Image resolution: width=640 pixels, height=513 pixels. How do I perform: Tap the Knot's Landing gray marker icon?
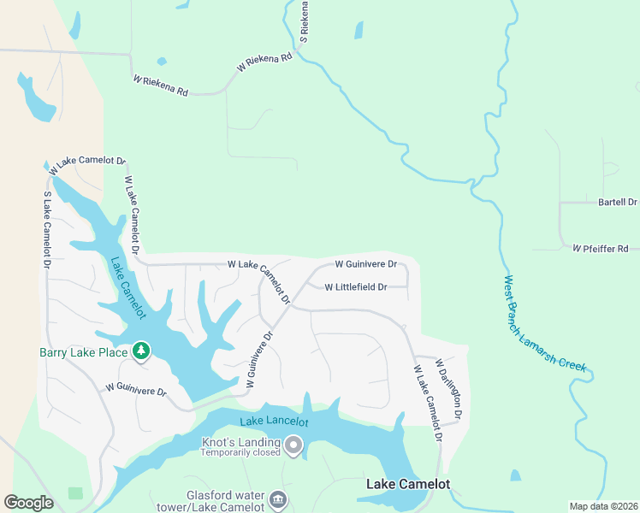pos(294,445)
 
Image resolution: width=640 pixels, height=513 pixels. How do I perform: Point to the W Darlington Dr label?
pos(450,390)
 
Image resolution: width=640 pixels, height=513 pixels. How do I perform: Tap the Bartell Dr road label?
pos(617,203)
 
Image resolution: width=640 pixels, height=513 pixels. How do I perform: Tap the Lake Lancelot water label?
pos(274,422)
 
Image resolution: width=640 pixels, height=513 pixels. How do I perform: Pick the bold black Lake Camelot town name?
pos(408,485)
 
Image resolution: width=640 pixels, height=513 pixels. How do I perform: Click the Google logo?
pos(28,503)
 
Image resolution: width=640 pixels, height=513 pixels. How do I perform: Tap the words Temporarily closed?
pos(240,453)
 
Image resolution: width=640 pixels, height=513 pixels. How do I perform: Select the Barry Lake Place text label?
pos(82,351)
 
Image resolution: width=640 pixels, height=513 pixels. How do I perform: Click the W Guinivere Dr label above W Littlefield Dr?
pos(365,265)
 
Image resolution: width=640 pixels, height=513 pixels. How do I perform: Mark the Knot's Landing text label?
pos(240,442)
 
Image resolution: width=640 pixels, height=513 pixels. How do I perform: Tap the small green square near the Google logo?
pos(76,493)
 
